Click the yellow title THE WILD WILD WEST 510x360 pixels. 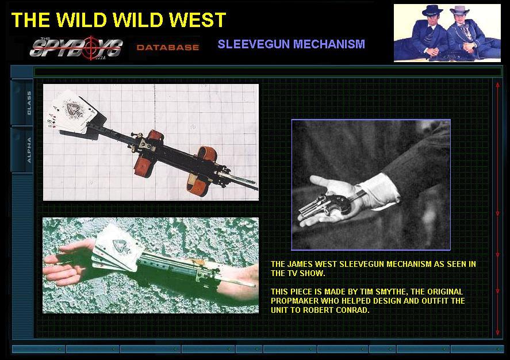click(x=118, y=20)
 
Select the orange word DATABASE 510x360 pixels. click(x=168, y=48)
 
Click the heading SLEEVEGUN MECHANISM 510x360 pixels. click(x=292, y=44)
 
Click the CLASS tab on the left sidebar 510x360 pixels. click(x=29, y=103)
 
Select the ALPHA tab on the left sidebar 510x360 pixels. click(x=29, y=150)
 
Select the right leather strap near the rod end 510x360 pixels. click(x=202, y=172)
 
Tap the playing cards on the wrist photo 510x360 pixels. click(x=117, y=249)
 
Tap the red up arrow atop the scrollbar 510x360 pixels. click(x=497, y=85)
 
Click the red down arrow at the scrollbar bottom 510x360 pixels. click(x=497, y=332)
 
